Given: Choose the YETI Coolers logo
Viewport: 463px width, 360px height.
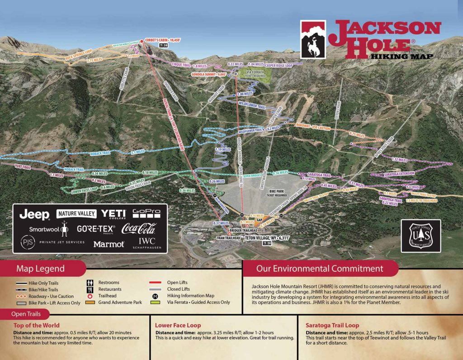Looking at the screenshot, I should point(113,213).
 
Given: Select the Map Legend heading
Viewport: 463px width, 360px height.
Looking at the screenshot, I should point(41,269).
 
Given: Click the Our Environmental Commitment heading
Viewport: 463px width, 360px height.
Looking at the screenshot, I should point(320,269).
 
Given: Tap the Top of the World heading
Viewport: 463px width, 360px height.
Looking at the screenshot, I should point(37,325).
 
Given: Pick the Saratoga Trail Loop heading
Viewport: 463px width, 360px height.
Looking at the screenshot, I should point(332,325).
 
